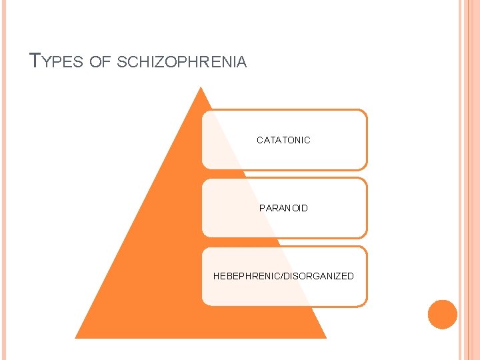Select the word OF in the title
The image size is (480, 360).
tap(100, 63)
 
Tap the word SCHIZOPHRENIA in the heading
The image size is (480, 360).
tap(181, 63)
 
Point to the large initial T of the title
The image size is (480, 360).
tap(36, 61)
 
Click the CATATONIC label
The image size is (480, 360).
tap(283, 140)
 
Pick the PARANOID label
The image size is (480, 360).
tap(283, 208)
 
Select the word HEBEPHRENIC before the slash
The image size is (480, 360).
tap(246, 276)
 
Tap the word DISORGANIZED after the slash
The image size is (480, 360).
tap(319, 276)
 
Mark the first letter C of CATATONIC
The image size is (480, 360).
tap(260, 140)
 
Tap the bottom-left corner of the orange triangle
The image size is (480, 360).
tap(76, 337)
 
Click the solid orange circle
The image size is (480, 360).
tap(443, 314)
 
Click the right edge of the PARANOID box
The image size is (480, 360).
tap(367, 208)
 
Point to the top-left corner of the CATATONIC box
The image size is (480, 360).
tap(203, 111)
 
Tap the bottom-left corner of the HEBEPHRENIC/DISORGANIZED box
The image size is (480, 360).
tap(204, 304)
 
